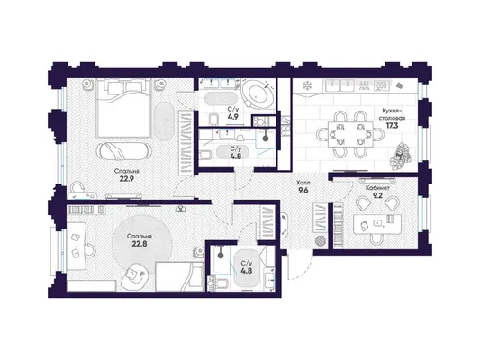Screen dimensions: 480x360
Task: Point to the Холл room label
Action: pyautogui.click(x=303, y=183)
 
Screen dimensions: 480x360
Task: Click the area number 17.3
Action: pyautogui.click(x=392, y=125)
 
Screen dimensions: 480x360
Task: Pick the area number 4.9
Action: pyautogui.click(x=233, y=116)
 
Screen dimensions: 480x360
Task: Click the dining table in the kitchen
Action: pyautogui.click(x=350, y=134)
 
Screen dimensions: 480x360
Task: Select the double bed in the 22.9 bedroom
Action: pyautogui.click(x=123, y=108)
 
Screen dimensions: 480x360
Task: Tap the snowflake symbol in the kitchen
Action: pyautogui.click(x=306, y=85)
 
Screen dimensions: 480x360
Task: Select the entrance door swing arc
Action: pyautogui.click(x=305, y=271)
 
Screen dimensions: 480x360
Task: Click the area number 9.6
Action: pyautogui.click(x=303, y=190)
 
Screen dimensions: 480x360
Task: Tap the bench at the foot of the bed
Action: pyautogui.click(x=123, y=151)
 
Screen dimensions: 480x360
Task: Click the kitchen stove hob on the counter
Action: pyautogui.click(x=381, y=85)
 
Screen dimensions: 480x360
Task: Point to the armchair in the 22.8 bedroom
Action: pyautogui.click(x=135, y=276)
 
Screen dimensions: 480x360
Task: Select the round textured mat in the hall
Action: pyautogui.click(x=321, y=240)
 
